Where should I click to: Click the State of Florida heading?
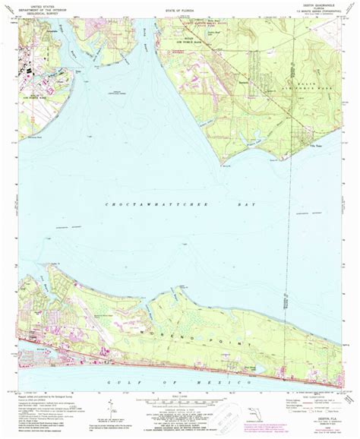179,6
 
